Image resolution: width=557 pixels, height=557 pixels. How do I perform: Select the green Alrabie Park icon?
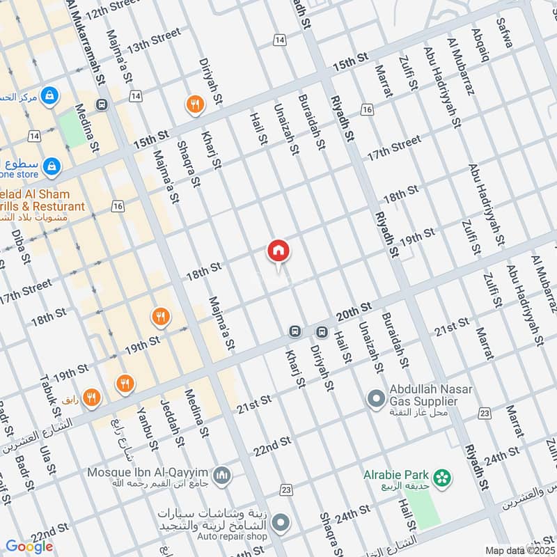pyautogui.click(x=440, y=478)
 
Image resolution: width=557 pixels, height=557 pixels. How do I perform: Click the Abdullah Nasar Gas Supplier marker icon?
pyautogui.click(x=376, y=399)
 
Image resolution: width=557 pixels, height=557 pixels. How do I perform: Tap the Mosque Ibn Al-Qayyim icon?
pyautogui.click(x=222, y=476)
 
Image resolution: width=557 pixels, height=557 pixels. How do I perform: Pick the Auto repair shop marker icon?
pyautogui.click(x=281, y=521)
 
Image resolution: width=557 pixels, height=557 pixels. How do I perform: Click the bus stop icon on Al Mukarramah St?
pyautogui.click(x=102, y=105)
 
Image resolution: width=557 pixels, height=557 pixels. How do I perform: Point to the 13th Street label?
pyautogui.click(x=154, y=40)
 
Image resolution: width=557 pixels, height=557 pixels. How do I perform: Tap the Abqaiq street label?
pyautogui.click(x=478, y=35)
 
